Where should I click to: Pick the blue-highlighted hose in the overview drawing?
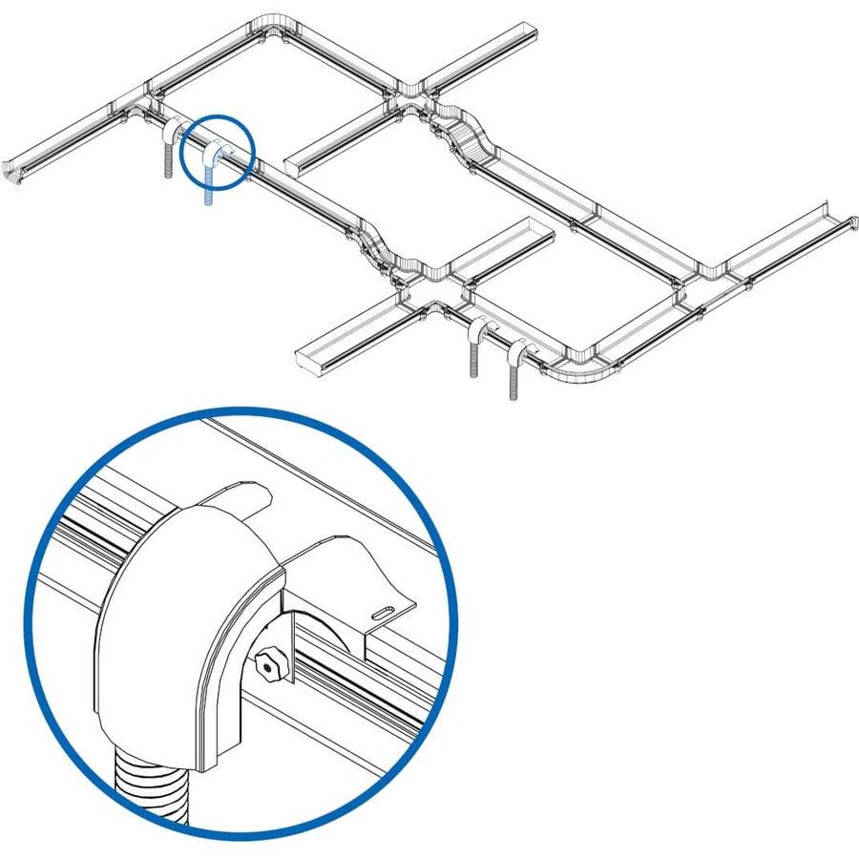209,177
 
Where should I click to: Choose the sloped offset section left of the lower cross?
377,243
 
